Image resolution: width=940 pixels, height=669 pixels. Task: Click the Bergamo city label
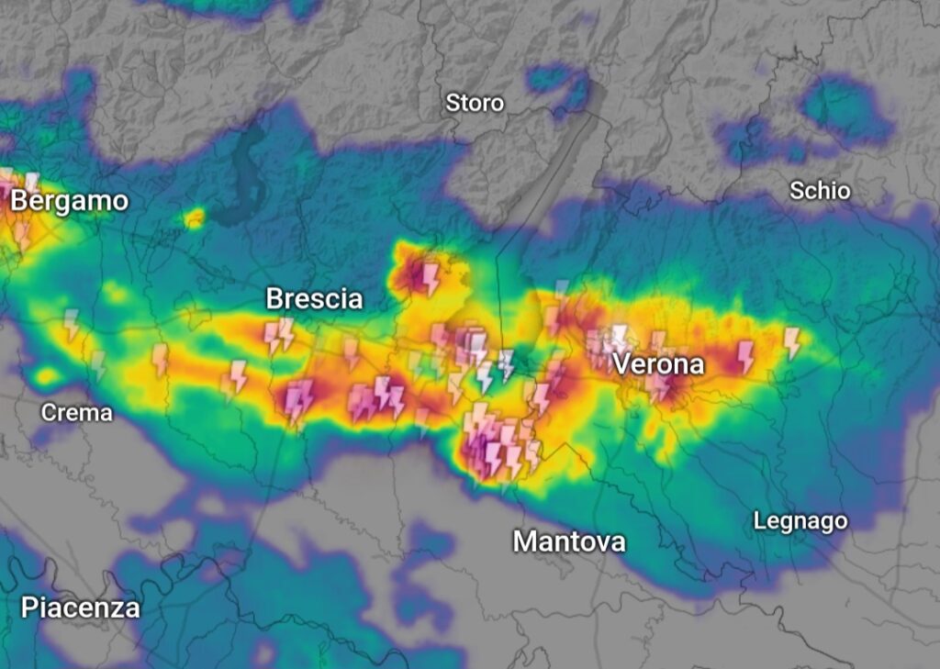tap(70, 202)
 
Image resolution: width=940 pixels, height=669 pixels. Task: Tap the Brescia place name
tap(314, 299)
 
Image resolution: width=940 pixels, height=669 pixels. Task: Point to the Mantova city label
tap(569, 541)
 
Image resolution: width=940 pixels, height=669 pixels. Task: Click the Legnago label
tap(800, 521)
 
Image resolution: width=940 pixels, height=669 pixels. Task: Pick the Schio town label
tap(820, 191)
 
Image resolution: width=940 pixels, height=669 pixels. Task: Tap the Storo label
tap(475, 103)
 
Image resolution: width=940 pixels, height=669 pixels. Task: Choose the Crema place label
tap(77, 413)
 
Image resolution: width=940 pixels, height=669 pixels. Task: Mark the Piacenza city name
tap(81, 608)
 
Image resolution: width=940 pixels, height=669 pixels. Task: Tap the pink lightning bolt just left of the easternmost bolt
tap(745, 355)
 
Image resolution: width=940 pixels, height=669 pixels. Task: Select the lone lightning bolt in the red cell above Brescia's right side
tap(430, 277)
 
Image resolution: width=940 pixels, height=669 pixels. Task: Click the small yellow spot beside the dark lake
tap(194, 217)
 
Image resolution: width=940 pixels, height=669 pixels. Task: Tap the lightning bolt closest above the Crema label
tap(97, 365)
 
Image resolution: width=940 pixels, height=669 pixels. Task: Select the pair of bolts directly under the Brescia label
tap(278, 335)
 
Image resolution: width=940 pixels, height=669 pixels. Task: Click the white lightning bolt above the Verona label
tap(621, 335)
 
